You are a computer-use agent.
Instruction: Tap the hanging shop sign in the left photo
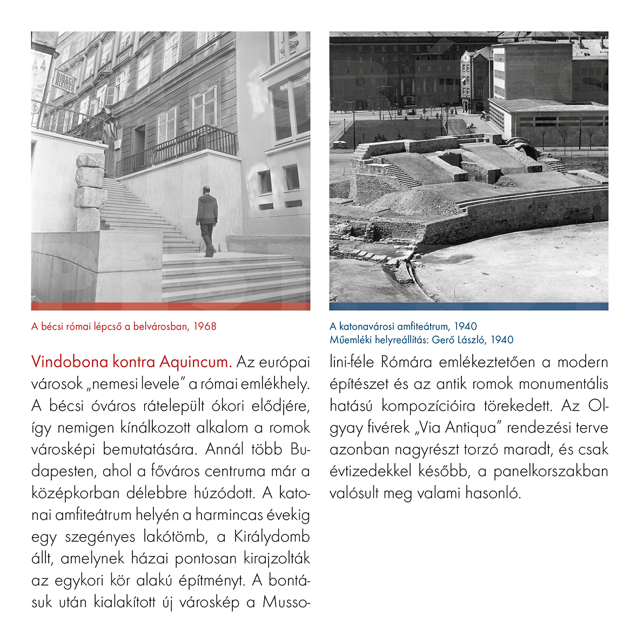click(65, 81)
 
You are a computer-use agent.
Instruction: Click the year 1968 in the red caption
click(204, 326)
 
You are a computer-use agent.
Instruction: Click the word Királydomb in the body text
click(272, 537)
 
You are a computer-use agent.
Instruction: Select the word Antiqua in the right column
click(471, 427)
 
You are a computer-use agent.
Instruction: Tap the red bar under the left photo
click(171, 306)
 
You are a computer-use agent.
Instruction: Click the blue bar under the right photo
click(469, 306)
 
